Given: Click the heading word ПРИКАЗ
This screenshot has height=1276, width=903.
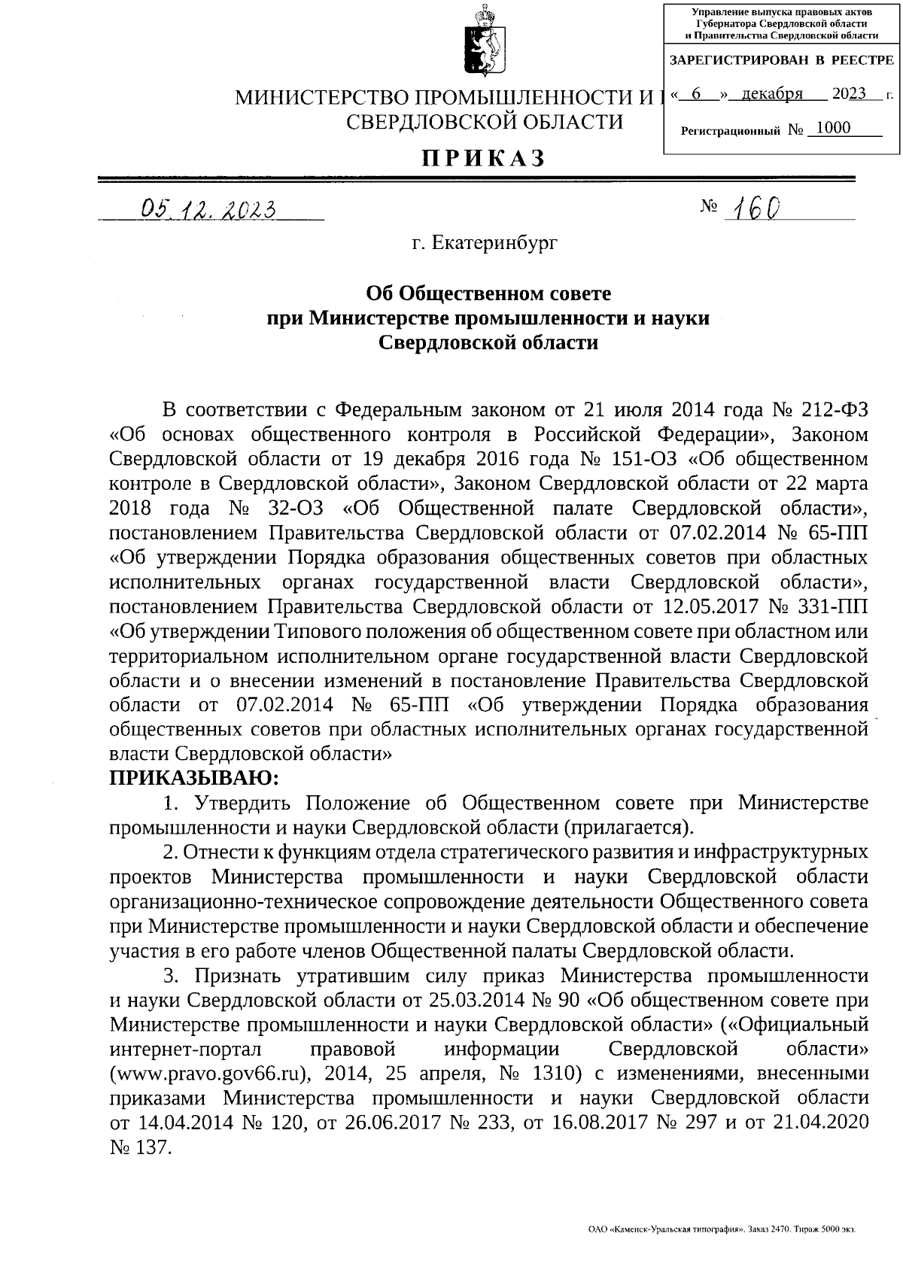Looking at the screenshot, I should [x=482, y=159].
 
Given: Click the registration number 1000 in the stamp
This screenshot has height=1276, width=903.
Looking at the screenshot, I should [x=833, y=128].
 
